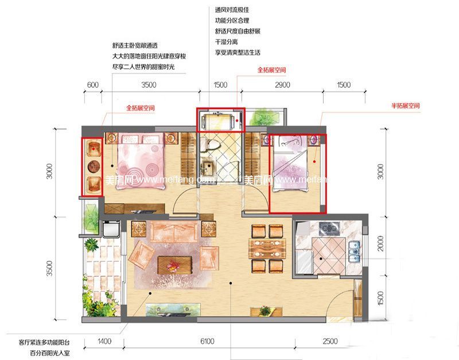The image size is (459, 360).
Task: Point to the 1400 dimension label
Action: [x=104, y=342]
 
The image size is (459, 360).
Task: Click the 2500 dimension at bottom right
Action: [x=330, y=342]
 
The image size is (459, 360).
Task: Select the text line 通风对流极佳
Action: [x=232, y=10]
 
